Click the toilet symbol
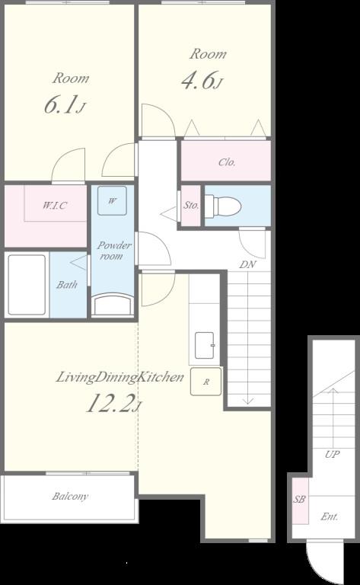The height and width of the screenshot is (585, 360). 223,206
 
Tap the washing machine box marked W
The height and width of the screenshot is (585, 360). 112,201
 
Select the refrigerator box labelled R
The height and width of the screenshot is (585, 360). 205,382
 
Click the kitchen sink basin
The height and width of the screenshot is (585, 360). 205,346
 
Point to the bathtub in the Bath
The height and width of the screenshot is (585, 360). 27,285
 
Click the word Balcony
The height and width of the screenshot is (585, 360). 70,496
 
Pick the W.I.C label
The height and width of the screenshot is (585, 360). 54,205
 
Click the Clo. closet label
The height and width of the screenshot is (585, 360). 227,162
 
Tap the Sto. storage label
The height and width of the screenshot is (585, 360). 191,205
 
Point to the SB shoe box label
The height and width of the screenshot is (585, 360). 299,499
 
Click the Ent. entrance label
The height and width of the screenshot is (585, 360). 330,516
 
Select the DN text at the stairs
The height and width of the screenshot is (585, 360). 247,264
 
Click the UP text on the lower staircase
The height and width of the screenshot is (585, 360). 332,454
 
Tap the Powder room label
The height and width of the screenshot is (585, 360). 113,251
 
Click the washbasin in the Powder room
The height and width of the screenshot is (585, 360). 113,305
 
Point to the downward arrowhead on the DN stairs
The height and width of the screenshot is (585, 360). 248,401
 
